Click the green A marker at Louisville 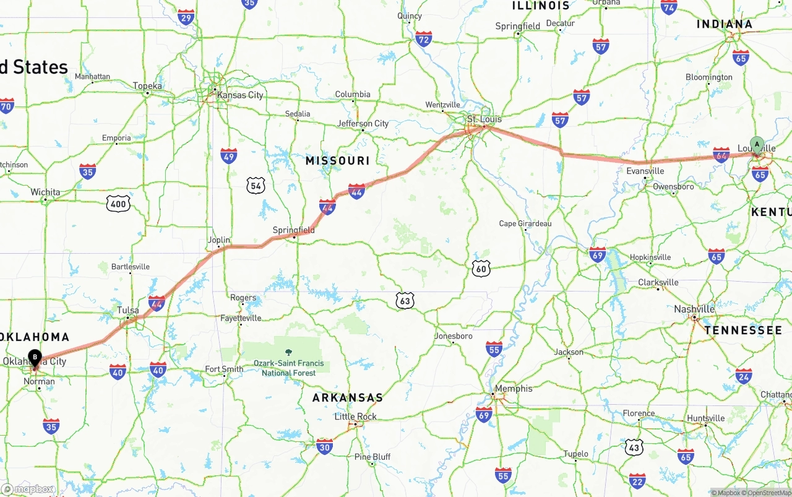point(757,145)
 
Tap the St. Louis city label point(484,119)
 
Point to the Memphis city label point(513,389)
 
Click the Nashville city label point(694,309)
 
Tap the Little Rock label point(355,417)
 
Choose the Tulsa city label point(127,311)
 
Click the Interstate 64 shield point(721,155)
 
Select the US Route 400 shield point(118,204)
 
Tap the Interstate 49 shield point(229,155)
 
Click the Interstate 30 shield point(324,446)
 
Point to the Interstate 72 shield point(424,40)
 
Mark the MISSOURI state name point(337,161)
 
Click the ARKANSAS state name point(347,398)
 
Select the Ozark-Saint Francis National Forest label point(288,368)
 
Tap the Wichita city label point(45,192)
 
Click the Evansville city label point(645,171)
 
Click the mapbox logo point(28,489)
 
